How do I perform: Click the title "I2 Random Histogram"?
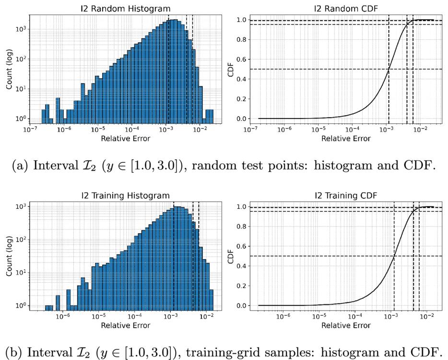point(125,9)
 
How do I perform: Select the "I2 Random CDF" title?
point(346,9)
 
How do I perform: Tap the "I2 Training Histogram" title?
point(125,195)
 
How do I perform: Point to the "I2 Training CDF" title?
point(346,195)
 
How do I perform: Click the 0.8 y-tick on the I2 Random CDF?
point(241,39)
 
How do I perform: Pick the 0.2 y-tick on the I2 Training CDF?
point(241,286)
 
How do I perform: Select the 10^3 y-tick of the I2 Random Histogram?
point(22,29)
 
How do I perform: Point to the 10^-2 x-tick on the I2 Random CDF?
point(420,129)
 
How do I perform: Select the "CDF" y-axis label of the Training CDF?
point(230,256)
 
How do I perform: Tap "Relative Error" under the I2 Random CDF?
point(346,139)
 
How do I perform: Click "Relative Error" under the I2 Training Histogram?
point(125,325)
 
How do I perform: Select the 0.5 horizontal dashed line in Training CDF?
point(346,256)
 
